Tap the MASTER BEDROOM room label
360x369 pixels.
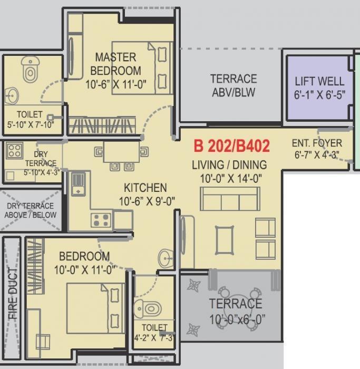(115, 63)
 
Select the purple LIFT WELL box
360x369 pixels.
(319, 88)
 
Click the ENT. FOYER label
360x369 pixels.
(316, 143)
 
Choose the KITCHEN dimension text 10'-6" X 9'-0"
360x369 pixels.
(145, 200)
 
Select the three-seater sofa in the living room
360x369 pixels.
(230, 199)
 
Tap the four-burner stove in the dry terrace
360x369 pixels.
(14, 151)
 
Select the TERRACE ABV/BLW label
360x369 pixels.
(233, 85)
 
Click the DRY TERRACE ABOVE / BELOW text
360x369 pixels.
(30, 210)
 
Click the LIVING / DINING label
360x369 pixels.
(229, 164)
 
